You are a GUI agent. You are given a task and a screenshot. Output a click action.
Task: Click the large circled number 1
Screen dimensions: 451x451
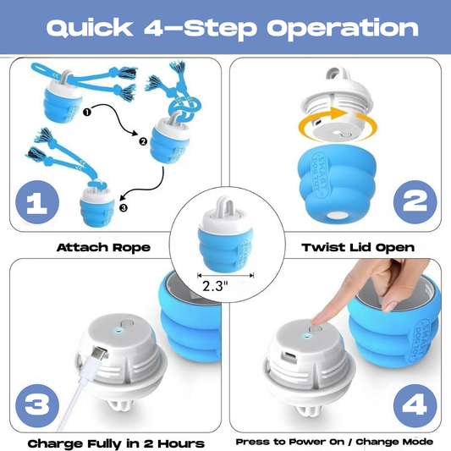coord(37,202)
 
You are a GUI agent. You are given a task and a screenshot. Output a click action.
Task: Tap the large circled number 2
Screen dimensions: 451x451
coord(415,202)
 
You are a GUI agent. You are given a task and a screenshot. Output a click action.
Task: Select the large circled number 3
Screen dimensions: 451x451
coord(37,405)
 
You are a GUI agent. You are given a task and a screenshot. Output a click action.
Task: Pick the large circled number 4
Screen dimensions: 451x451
coord(415,405)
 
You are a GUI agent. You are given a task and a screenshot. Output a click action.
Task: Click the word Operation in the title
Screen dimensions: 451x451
coord(343,30)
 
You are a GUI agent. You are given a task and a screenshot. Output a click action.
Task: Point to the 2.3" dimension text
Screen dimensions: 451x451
coord(215,286)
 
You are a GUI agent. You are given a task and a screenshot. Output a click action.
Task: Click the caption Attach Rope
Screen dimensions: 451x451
coord(103,247)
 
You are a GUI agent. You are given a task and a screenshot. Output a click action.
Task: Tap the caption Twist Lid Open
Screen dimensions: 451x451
coord(358,248)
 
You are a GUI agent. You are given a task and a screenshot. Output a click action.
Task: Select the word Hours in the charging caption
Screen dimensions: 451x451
coord(181,443)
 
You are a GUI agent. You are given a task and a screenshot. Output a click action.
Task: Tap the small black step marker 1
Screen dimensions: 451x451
coord(87,112)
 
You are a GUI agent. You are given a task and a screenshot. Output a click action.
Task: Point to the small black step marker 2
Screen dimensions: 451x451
coord(143,141)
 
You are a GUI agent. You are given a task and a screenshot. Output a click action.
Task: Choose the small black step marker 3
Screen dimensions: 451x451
coord(124,207)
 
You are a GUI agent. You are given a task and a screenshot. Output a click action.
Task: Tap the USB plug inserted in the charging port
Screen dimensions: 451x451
coord(99,353)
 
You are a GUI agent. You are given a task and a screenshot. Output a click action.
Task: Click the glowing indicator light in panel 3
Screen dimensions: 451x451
coord(118,330)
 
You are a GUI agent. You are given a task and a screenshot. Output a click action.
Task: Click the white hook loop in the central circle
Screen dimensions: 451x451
coord(226,206)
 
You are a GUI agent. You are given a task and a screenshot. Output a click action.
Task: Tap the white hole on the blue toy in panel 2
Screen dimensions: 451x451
coord(336,216)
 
